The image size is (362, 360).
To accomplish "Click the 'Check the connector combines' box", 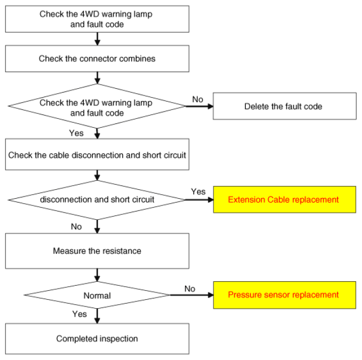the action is coord(97,59).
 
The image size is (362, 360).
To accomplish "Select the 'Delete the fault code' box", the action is coord(284,106).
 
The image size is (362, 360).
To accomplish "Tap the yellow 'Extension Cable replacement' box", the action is coord(284,199).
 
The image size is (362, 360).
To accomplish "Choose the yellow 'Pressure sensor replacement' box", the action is coord(284,295).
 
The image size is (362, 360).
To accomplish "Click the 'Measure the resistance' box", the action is coord(97,251).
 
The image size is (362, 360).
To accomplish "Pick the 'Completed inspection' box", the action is coord(97,339).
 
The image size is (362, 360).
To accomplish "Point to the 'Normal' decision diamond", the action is coord(97,295).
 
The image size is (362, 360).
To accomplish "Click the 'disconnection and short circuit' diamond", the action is coord(97,200).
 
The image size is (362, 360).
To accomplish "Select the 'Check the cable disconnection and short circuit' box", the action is coord(97,155).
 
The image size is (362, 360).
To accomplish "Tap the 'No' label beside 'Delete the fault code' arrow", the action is coord(198,99).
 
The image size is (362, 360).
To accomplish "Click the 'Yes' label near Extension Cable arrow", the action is coord(198,191).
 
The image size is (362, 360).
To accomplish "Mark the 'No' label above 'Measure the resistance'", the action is coord(76,227).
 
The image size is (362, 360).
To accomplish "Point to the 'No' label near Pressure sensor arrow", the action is coord(190,289).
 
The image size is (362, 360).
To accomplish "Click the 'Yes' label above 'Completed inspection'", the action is coord(79,314).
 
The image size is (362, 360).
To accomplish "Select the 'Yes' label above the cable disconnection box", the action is coord(76,133).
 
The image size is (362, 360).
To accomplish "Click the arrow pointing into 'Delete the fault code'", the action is coord(199,106).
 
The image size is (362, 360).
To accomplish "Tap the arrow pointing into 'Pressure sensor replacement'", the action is coord(192,295).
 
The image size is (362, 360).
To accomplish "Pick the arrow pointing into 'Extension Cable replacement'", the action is coord(199,200).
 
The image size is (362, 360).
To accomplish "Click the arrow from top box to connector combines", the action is coord(97,39).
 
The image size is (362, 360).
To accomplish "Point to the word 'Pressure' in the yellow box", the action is coord(245,295).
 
